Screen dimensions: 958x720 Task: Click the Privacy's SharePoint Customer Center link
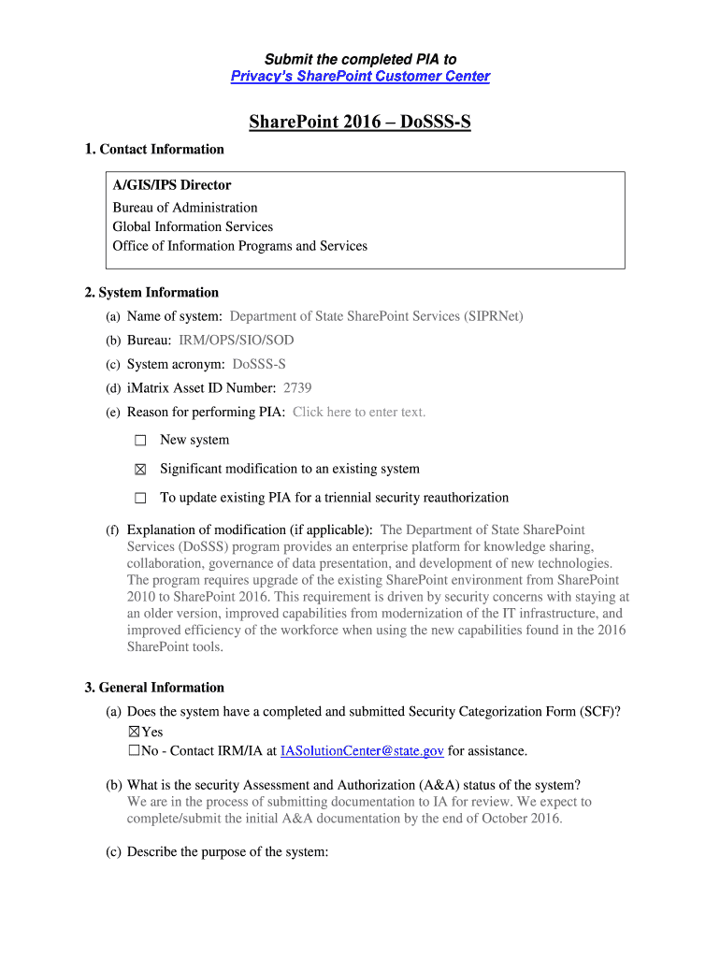[x=360, y=77]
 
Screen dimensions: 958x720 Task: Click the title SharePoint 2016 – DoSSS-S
[x=360, y=123]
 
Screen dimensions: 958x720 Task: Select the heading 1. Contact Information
[x=154, y=149]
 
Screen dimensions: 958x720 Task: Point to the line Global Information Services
[x=193, y=226]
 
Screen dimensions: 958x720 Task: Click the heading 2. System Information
[x=151, y=292]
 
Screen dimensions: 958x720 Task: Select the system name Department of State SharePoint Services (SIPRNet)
[x=376, y=316]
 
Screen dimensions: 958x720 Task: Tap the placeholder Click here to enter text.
[x=359, y=412]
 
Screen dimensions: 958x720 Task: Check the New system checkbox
[x=140, y=441]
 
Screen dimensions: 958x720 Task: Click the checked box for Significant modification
[x=140, y=470]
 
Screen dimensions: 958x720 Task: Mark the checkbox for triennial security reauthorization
[x=140, y=499]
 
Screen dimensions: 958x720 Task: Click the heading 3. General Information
[x=154, y=688]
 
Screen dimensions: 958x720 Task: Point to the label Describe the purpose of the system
[x=227, y=852]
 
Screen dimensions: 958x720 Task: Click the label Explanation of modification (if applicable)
[x=250, y=530]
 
